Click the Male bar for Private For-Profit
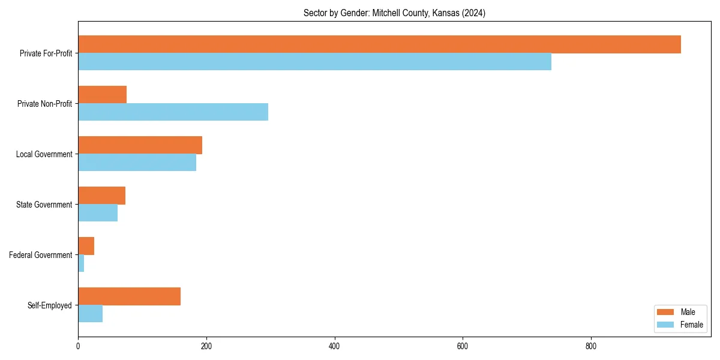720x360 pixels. click(379, 44)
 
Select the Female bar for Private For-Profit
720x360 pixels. click(314, 62)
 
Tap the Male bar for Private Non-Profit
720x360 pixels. click(102, 95)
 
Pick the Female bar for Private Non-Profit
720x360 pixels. click(173, 112)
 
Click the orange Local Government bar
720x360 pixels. click(140, 145)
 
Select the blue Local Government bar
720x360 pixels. click(137, 163)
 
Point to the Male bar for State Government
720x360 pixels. click(101, 196)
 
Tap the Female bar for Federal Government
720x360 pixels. click(81, 263)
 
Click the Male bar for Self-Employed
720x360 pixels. click(129, 296)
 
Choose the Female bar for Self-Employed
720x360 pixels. click(90, 314)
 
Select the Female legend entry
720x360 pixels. click(680, 325)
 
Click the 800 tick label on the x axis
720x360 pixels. click(591, 346)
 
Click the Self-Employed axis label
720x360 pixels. click(49, 305)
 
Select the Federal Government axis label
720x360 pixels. click(40, 255)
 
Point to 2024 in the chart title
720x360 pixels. click(473, 13)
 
